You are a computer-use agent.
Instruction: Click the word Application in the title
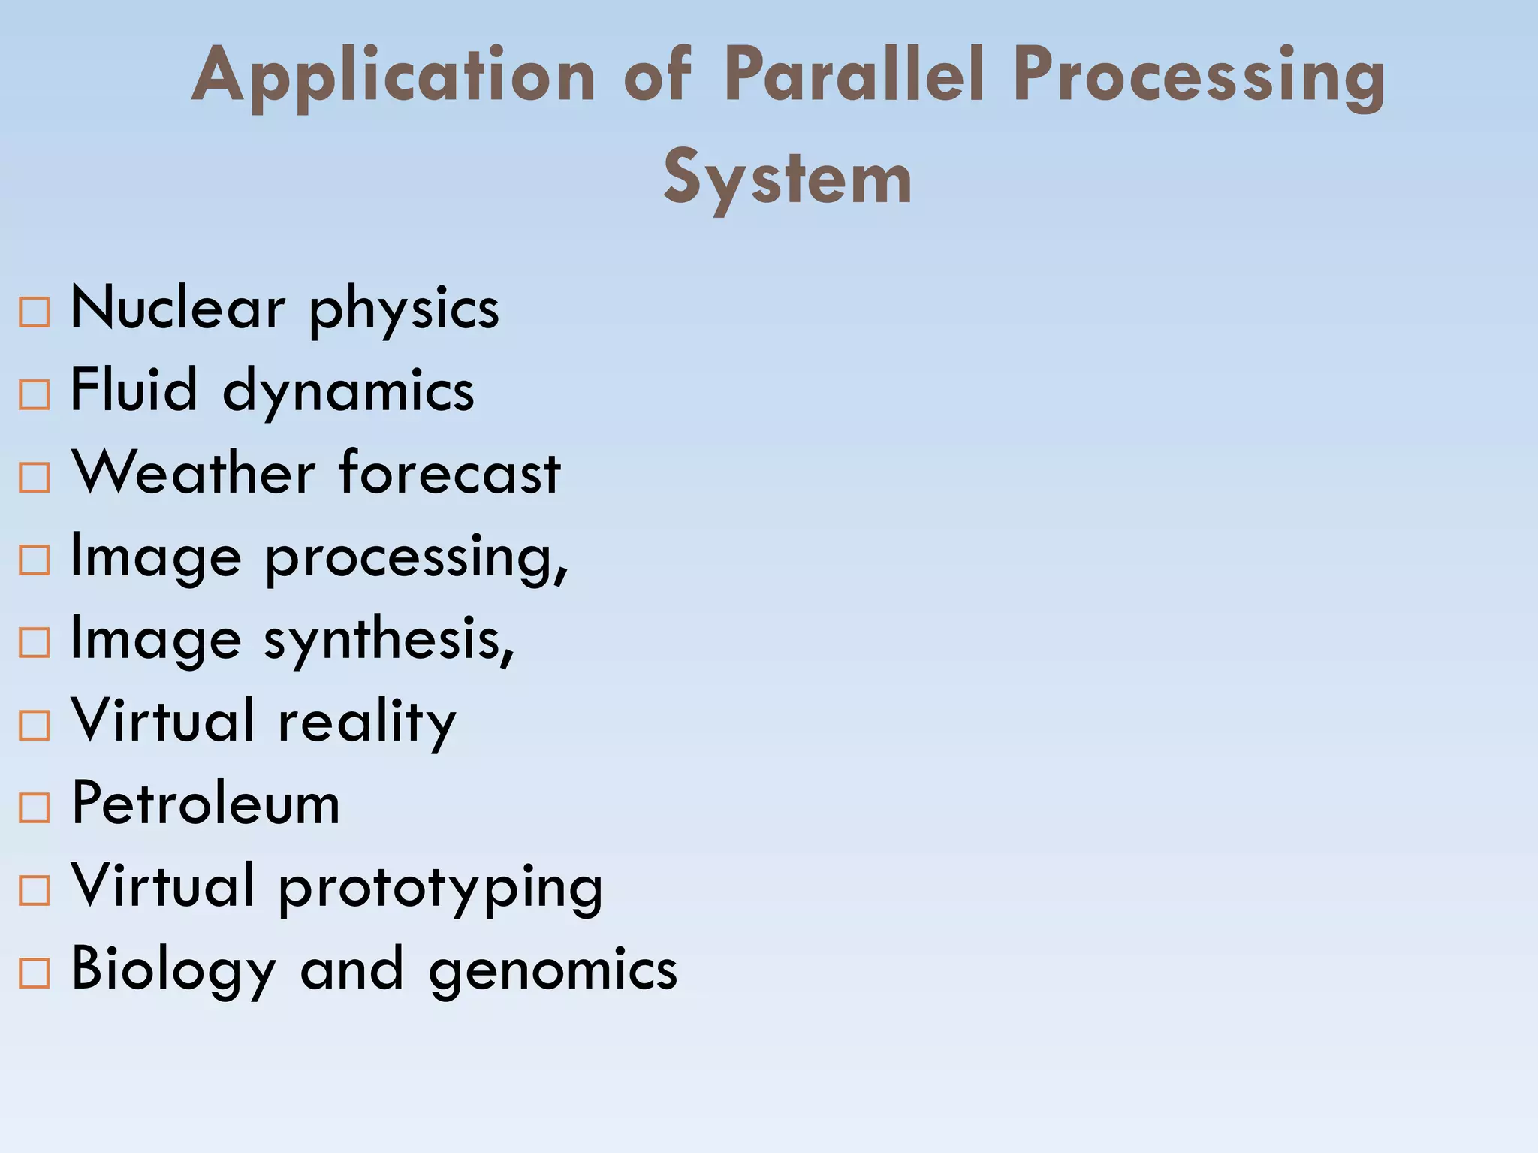click(x=394, y=76)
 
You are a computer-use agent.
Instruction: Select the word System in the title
click(x=788, y=179)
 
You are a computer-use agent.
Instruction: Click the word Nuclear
click(x=178, y=308)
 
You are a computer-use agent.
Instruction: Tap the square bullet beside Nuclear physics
click(x=34, y=312)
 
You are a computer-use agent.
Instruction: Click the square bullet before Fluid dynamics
click(x=34, y=394)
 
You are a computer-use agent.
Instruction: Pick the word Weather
click(x=194, y=473)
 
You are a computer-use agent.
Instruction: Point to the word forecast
click(x=449, y=474)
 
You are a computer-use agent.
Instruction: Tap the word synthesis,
click(x=389, y=641)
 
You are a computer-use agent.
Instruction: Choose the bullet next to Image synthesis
click(x=34, y=642)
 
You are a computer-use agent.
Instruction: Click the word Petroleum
click(x=206, y=804)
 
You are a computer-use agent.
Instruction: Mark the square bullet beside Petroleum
click(x=34, y=807)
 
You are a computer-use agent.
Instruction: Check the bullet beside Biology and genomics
click(x=34, y=973)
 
